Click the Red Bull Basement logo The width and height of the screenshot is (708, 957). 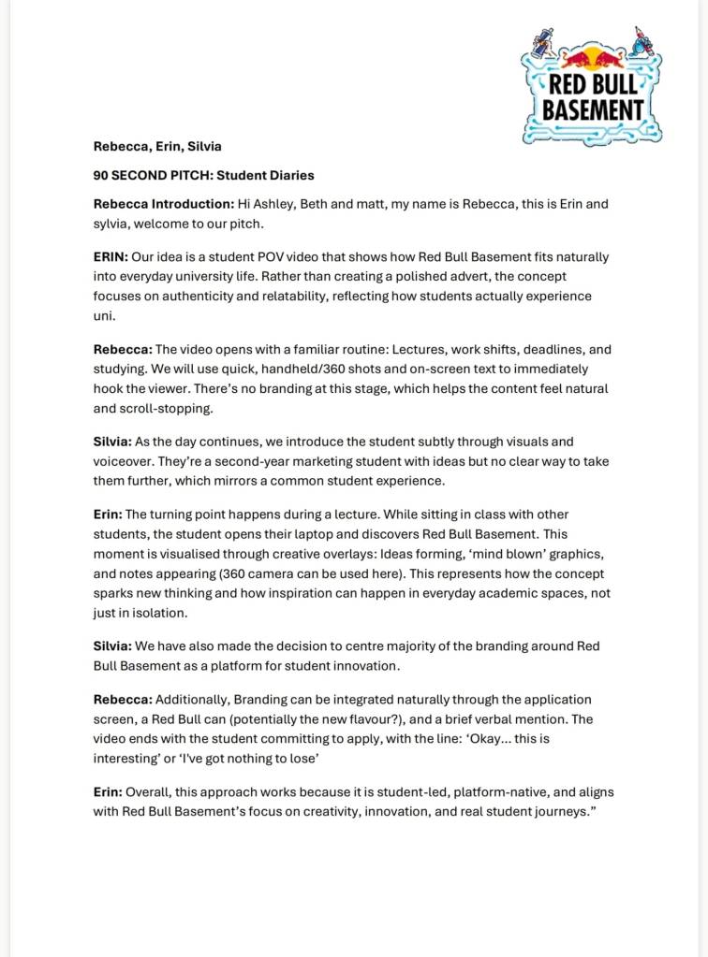[592, 86]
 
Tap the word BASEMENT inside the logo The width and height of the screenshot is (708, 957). [593, 109]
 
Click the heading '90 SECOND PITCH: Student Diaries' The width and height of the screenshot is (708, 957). [203, 175]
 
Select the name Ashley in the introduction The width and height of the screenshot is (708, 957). [274, 204]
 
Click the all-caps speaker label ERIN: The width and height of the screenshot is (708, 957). [110, 257]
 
